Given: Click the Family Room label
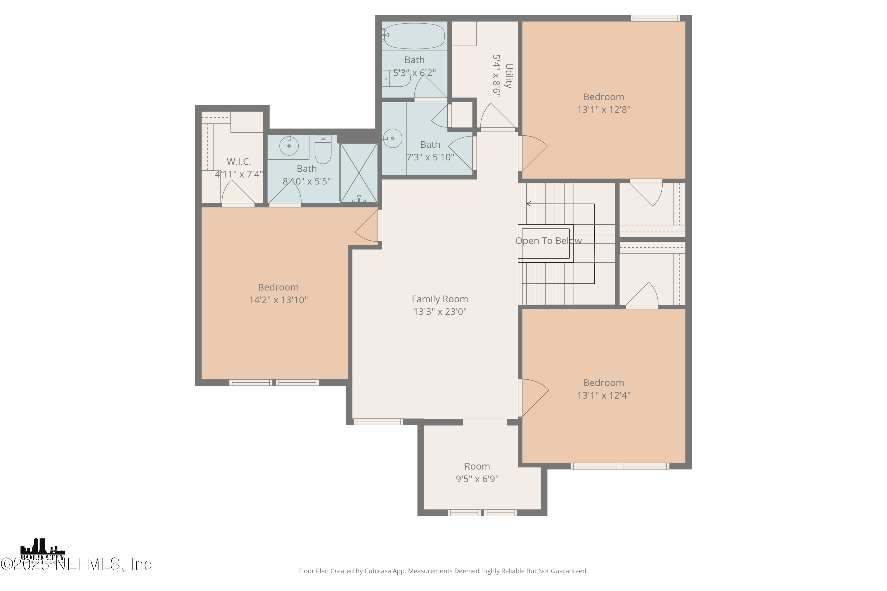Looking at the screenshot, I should pos(440,299).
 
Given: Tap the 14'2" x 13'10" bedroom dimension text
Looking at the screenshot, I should pos(278,300).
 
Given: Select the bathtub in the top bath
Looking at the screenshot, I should pos(414,36).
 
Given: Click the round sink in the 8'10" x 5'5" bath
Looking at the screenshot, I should pos(289,146).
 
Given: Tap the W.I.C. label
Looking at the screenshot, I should pos(239,162).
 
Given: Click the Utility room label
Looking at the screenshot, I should pos(508,75).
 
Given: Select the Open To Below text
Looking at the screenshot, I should pos(548,241).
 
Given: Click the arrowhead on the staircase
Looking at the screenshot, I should pos(529,204).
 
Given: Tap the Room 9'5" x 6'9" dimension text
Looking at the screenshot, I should pos(477,479).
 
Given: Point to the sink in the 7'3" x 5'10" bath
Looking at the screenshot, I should pos(392,138).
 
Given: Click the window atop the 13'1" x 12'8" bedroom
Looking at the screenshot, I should pos(655,18).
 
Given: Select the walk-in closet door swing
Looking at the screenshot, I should pos(238,193).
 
